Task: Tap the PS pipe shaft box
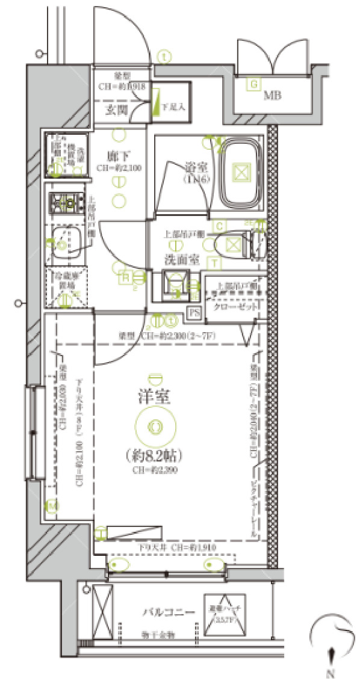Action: (193, 312)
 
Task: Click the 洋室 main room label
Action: (155, 396)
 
